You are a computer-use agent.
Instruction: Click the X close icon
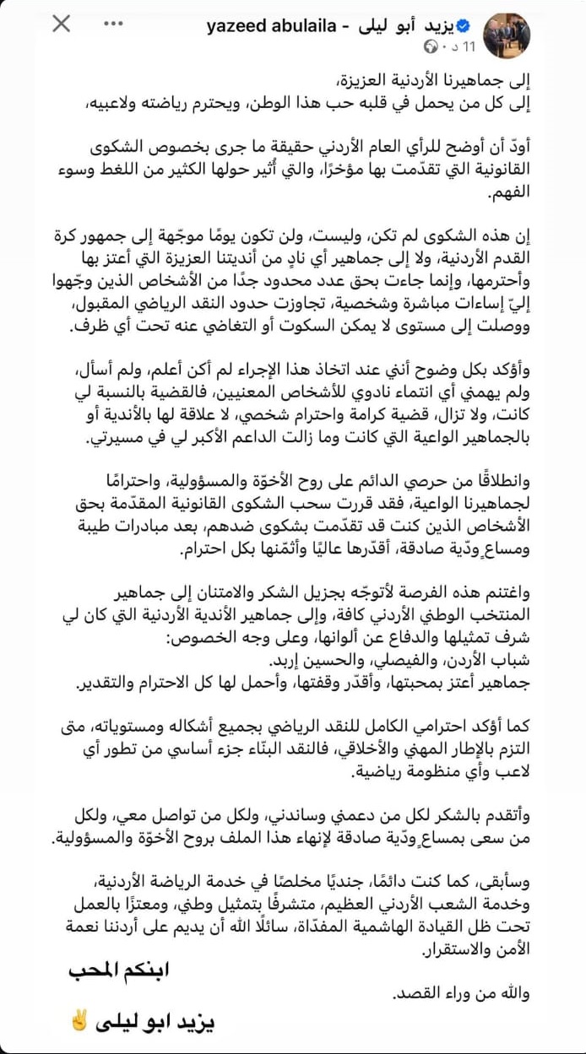pyautogui.click(x=62, y=24)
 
